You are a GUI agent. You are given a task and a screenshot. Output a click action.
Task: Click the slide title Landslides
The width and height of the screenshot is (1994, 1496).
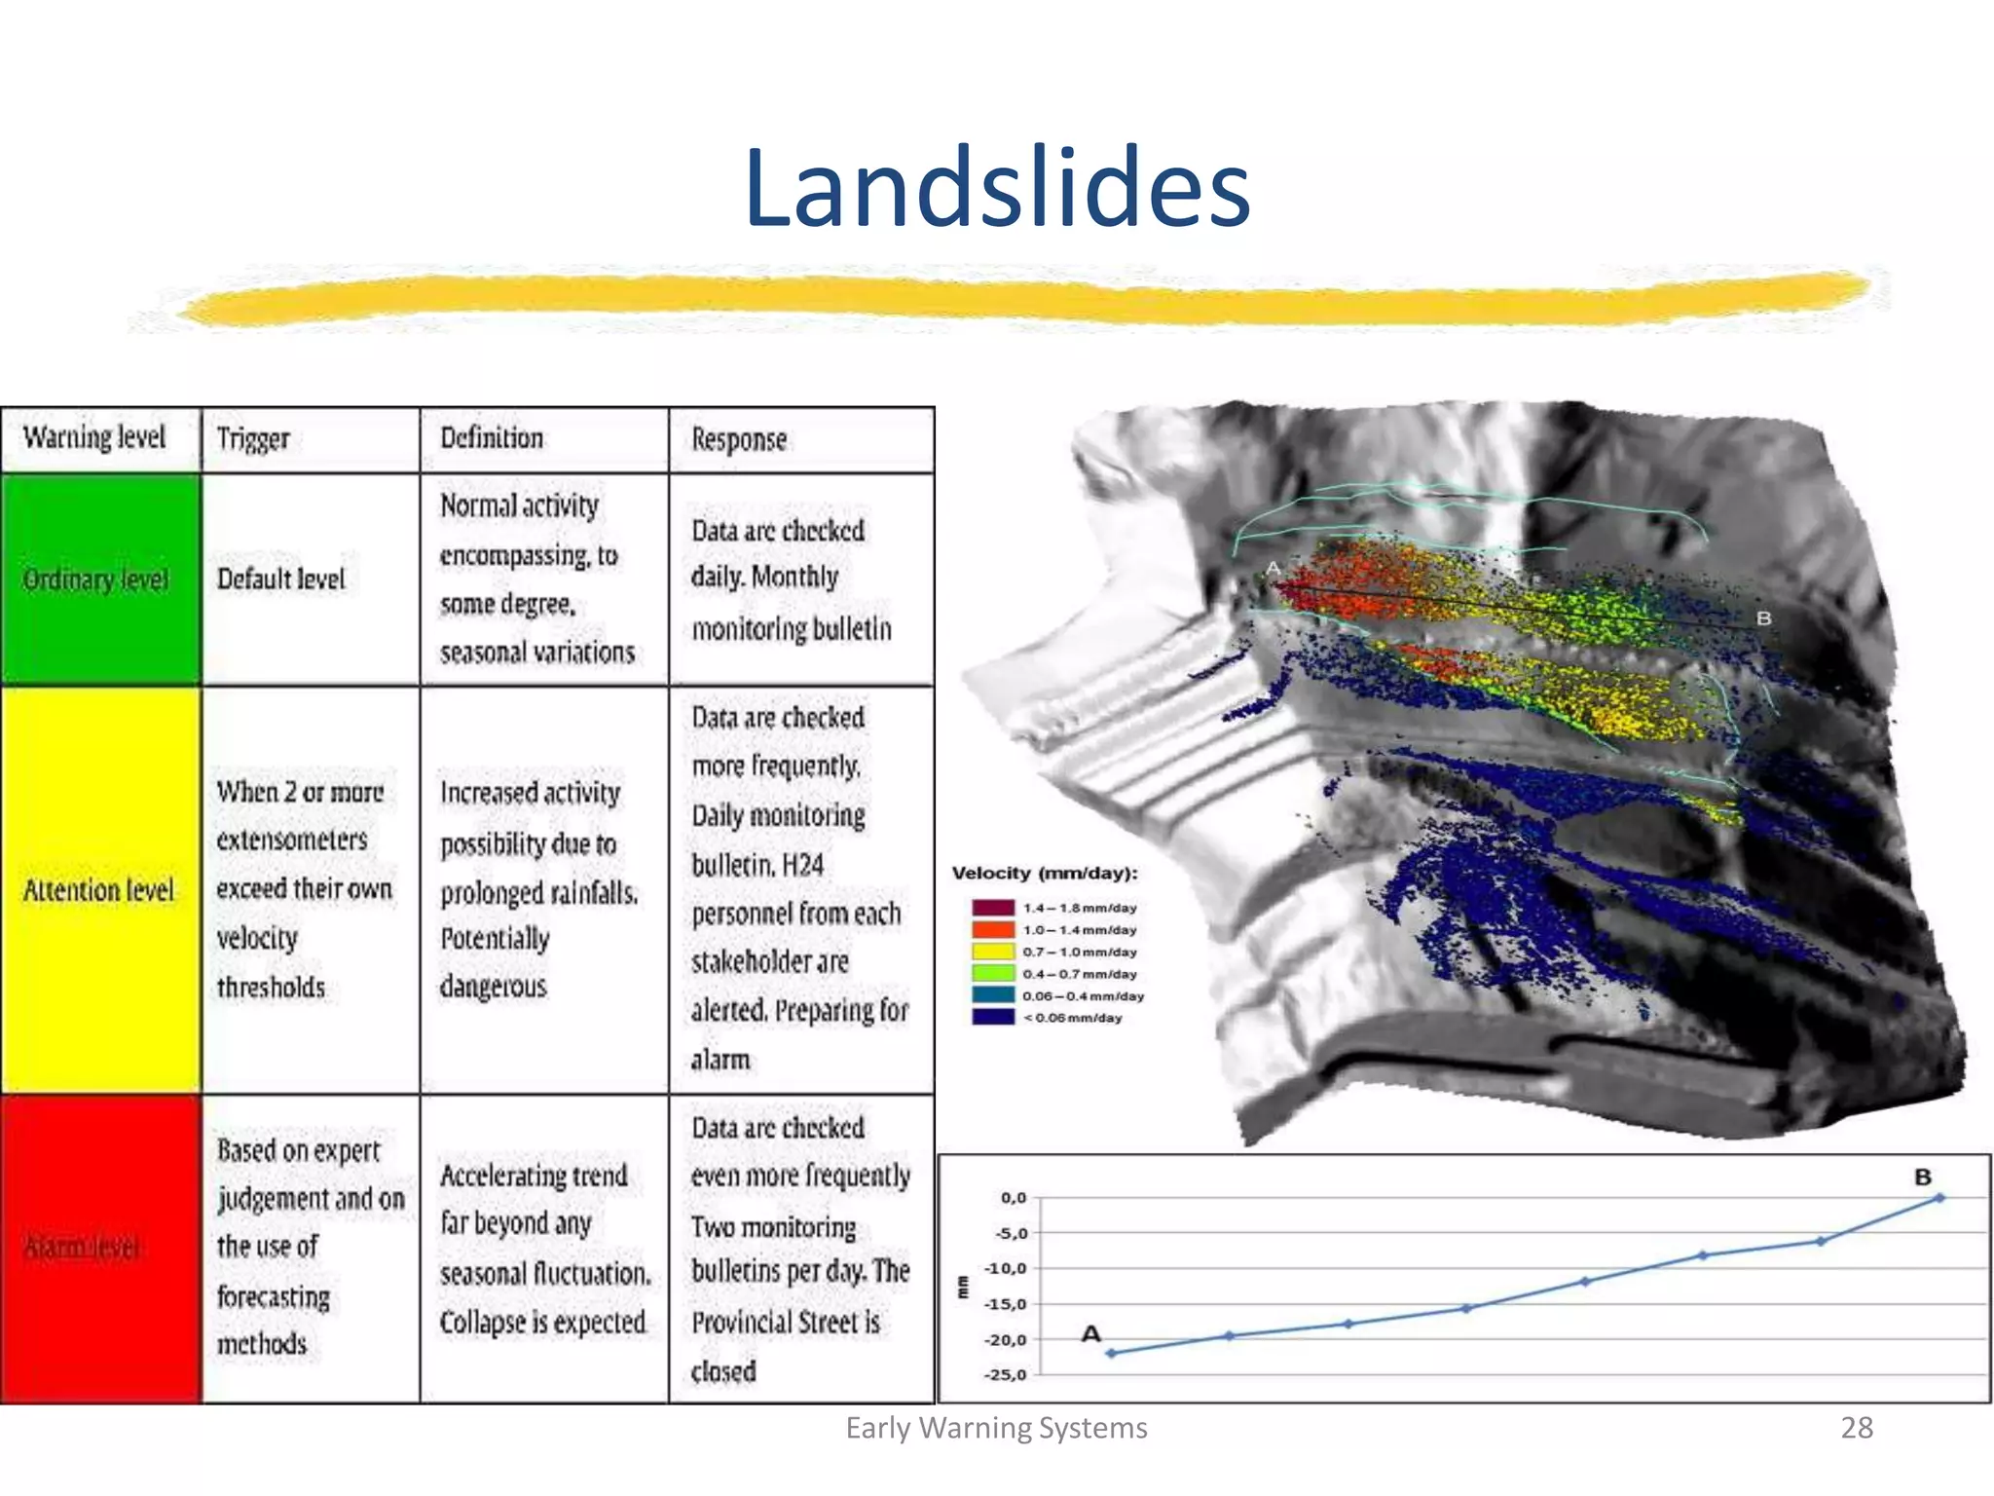click(x=996, y=187)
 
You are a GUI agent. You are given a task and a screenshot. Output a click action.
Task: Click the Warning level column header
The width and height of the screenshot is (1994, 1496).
click(x=94, y=438)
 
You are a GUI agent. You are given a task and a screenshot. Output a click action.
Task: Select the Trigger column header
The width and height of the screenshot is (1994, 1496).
click(x=253, y=439)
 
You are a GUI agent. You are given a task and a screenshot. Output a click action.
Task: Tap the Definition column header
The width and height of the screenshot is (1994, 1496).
click(x=492, y=438)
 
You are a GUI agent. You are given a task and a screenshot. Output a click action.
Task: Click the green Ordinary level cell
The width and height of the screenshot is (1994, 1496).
click(x=97, y=580)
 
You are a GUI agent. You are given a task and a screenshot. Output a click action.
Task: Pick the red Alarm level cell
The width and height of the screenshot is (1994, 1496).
click(x=97, y=1248)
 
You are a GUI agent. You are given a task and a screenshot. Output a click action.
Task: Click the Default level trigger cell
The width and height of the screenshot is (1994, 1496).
click(x=281, y=580)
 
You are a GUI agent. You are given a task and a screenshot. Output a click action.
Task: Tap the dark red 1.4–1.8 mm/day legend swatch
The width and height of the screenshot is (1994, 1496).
click(x=993, y=908)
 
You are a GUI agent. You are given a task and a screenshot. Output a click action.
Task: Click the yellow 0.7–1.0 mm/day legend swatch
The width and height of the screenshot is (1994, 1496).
click(x=993, y=952)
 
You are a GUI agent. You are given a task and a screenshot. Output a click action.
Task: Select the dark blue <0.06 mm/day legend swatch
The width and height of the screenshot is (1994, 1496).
click(x=993, y=1018)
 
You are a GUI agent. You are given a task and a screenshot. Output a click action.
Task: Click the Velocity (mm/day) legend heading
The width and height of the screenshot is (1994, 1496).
click(x=1045, y=874)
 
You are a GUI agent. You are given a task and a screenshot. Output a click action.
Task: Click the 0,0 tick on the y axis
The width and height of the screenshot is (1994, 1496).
click(x=1013, y=1198)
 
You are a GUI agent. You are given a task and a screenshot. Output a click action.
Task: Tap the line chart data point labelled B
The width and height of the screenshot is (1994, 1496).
click(x=1939, y=1198)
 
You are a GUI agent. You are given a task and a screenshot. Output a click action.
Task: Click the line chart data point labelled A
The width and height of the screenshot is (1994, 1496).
click(x=1111, y=1353)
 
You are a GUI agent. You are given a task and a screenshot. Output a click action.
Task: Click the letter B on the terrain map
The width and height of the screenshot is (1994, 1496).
click(x=1763, y=618)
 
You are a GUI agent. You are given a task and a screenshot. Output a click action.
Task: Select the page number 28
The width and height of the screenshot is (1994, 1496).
click(x=1856, y=1428)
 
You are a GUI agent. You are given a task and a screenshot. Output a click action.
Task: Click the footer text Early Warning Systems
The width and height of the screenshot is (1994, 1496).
click(x=996, y=1428)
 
